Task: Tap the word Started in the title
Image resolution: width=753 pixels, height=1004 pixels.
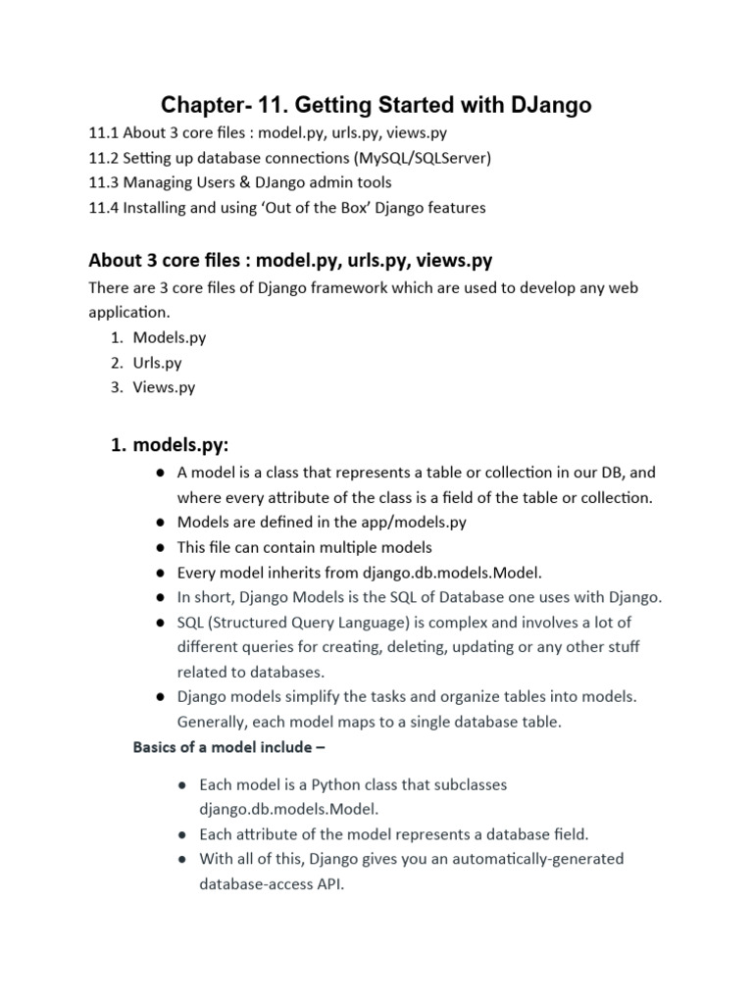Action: coord(412,104)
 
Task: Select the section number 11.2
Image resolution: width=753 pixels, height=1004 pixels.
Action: coord(104,157)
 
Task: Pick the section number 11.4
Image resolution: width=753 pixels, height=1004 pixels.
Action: coord(104,208)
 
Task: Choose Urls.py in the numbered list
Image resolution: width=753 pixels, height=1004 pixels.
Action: coord(157,362)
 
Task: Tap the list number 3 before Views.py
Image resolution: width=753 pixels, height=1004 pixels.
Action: coord(116,387)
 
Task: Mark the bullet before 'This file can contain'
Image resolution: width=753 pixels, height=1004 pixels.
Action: coord(159,547)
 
